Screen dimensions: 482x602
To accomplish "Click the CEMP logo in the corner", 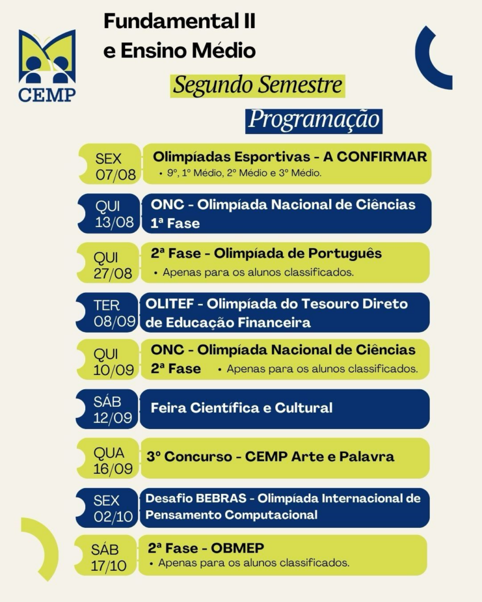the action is (x=47, y=66).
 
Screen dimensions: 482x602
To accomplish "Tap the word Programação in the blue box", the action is (x=314, y=120).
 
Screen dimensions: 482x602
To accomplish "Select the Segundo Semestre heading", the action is (x=257, y=86).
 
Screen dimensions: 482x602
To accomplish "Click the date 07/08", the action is (x=116, y=175).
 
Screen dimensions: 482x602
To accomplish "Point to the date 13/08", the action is (x=115, y=222).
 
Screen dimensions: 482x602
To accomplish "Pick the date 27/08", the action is (x=113, y=273).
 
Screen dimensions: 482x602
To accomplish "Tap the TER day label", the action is (x=106, y=305).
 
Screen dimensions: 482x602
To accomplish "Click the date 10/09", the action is (x=113, y=370).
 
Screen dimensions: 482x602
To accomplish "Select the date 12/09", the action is (x=112, y=417).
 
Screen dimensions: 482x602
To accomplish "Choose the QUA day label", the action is (x=109, y=453).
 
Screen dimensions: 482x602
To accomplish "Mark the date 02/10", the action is (x=113, y=517).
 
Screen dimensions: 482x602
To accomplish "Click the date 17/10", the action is (x=109, y=566).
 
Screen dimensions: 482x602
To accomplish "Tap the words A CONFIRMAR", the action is (x=375, y=156).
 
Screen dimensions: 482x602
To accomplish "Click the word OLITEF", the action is (x=169, y=304).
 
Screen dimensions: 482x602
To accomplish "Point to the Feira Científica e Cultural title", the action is (x=242, y=408).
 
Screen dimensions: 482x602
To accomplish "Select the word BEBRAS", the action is (x=220, y=498).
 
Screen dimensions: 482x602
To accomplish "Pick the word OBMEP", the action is (x=237, y=548).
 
